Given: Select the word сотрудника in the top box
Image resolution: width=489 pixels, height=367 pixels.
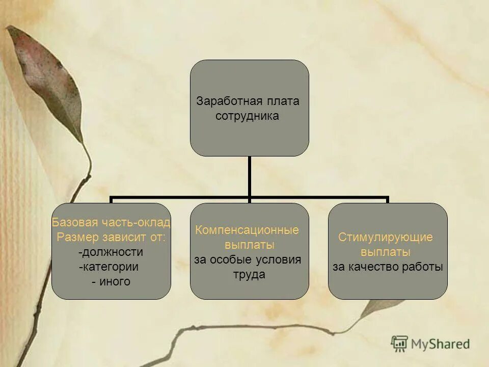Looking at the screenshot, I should [248, 116].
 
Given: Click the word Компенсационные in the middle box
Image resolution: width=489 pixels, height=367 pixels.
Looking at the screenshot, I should [247, 230].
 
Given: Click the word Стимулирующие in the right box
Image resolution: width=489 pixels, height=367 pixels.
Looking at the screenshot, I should [386, 237].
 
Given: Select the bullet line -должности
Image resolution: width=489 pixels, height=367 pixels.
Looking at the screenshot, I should [111, 252].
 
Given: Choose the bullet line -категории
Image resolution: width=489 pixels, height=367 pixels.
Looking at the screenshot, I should [109, 267].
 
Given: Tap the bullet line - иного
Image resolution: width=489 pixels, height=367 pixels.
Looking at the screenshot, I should [111, 281].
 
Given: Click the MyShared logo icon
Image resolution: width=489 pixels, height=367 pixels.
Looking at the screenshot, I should [399, 343].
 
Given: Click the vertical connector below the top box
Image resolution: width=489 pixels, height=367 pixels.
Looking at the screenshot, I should [250, 176].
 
